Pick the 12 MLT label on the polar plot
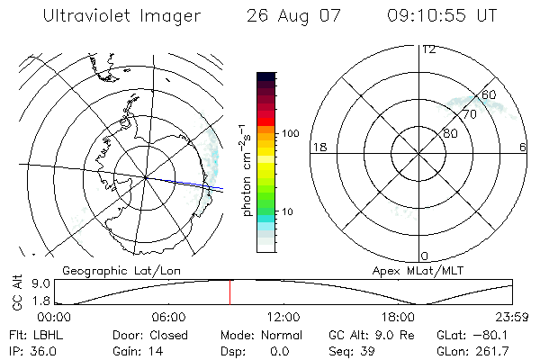click(x=428, y=49)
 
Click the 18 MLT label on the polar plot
click(x=318, y=147)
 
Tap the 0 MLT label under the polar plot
click(x=425, y=256)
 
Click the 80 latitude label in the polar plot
click(x=450, y=133)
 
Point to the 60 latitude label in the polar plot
click(x=489, y=94)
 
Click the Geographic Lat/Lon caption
click(x=112, y=270)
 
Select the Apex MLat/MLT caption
click(x=409, y=270)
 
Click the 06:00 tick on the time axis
click(x=168, y=317)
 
